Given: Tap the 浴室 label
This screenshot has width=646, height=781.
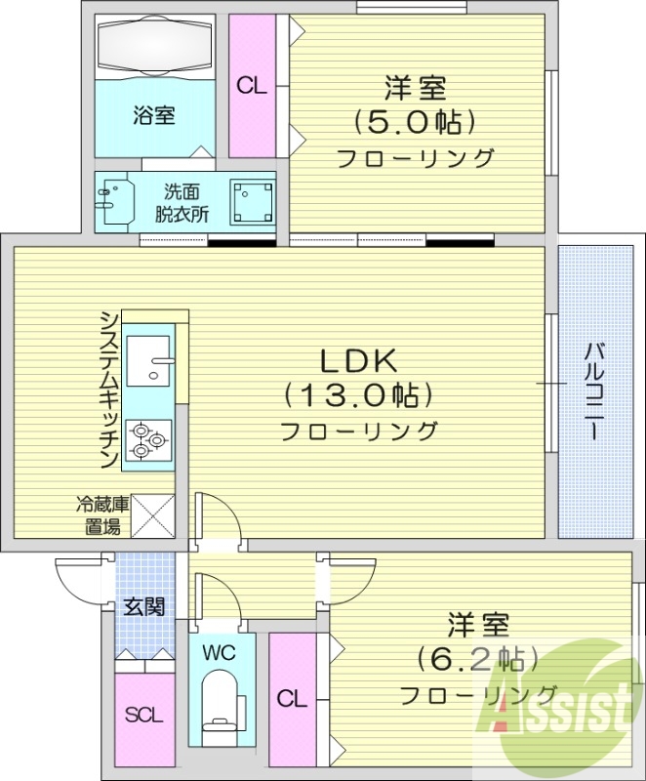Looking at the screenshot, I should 153,114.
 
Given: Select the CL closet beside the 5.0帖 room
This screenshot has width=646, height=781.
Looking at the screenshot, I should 252,85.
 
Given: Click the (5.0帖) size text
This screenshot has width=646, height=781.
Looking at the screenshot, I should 414,122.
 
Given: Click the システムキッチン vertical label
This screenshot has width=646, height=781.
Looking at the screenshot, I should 110,390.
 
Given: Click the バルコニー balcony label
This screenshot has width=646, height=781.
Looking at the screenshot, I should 593,391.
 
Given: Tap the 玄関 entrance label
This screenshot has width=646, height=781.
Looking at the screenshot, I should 142,607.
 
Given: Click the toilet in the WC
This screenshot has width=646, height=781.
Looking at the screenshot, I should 220,707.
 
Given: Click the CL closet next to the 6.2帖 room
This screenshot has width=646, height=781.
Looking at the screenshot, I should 290,698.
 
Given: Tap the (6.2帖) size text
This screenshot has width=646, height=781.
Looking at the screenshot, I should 478,657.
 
